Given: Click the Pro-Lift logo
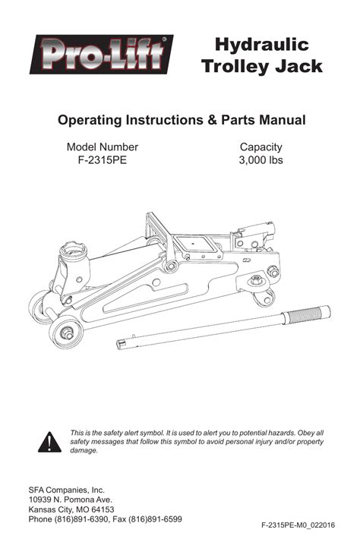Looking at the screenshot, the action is pos(101,54).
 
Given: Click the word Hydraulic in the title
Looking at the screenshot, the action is pos(262,46).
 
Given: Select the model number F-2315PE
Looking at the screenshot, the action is pos(103,160).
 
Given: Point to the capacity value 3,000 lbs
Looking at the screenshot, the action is pos(261,160).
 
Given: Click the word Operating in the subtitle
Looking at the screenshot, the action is pos(90,121).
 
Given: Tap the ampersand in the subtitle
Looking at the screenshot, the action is pos(213,120).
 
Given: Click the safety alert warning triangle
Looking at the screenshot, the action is pos(49,442).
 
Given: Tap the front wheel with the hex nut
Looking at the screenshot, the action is pos(66,332).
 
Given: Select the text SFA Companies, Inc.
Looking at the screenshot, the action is pos(67,490).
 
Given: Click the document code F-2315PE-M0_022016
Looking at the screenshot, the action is pos(298,525).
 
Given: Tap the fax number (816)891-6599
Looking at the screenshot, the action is pos(155,519).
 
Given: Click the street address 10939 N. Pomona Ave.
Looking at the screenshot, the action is pos(71,500).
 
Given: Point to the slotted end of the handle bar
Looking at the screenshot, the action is pos(122,343).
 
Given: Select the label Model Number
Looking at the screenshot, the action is pos(103,147).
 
